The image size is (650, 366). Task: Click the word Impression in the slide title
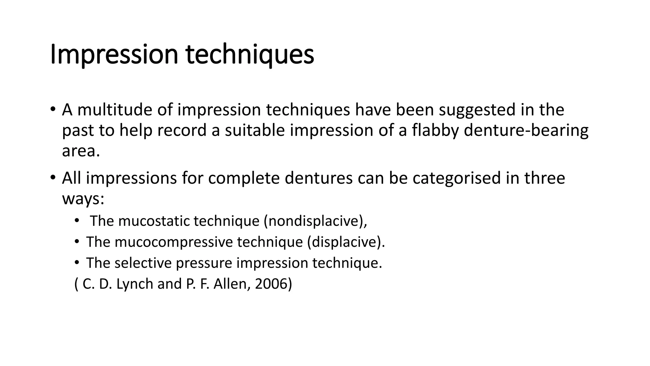coord(114,55)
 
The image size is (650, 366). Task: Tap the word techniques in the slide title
coord(250,55)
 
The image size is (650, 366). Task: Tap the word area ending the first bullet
coord(81,151)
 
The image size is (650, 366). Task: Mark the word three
coord(545,178)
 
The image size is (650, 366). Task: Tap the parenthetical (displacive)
coord(346,242)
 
